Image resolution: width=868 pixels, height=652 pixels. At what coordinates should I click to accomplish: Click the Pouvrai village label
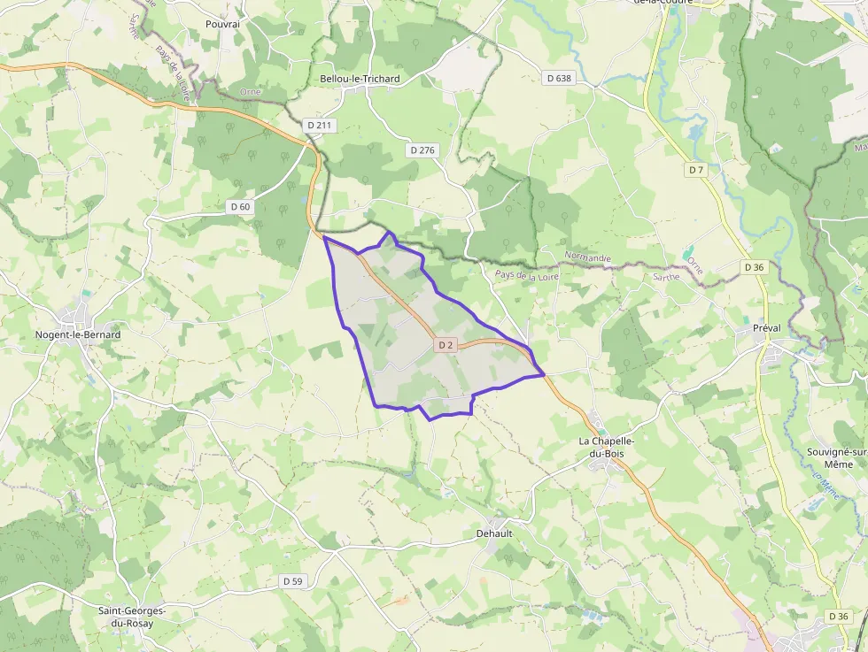222,24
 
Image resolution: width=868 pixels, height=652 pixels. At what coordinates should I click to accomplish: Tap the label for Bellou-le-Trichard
359,79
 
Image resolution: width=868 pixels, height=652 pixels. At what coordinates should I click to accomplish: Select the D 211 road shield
319,126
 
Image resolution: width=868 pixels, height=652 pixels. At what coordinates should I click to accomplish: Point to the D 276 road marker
422,150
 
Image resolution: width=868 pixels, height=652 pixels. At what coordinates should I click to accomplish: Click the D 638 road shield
559,78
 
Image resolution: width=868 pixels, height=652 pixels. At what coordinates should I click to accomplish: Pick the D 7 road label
695,169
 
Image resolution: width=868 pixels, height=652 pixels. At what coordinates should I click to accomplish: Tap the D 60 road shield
240,207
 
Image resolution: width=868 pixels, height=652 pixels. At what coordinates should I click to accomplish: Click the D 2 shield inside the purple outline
445,345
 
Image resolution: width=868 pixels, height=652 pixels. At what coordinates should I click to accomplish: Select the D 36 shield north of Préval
754,266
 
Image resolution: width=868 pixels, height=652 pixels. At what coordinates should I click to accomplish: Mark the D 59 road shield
292,581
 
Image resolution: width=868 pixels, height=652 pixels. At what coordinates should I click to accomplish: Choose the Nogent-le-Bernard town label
78,335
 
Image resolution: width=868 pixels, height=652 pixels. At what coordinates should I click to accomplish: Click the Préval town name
766,328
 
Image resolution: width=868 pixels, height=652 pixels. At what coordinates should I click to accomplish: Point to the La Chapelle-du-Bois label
607,447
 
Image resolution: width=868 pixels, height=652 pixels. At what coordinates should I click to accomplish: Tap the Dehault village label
494,533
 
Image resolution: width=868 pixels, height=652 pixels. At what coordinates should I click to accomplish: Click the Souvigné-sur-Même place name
836,456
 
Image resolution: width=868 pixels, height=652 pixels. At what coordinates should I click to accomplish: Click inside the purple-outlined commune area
407,354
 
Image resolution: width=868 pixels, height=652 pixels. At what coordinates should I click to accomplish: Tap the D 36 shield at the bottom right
838,616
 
